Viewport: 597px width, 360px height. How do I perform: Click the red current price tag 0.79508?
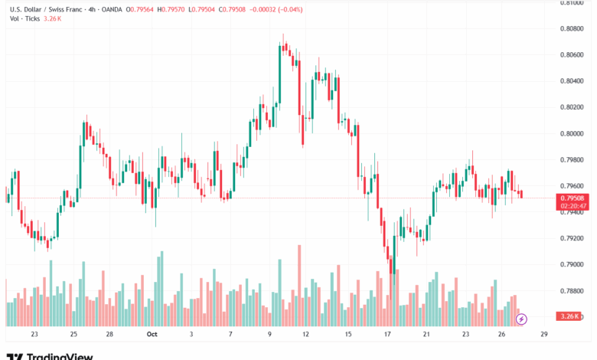573,198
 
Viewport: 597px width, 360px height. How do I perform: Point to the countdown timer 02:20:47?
573,206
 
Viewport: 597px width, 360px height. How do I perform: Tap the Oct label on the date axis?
151,335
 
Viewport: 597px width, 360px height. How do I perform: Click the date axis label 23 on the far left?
34,335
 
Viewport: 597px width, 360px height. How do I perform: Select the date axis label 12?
305,335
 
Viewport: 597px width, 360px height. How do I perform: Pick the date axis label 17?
388,335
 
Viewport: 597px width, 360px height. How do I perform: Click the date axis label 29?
543,335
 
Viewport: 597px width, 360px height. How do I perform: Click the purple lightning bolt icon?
522,318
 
